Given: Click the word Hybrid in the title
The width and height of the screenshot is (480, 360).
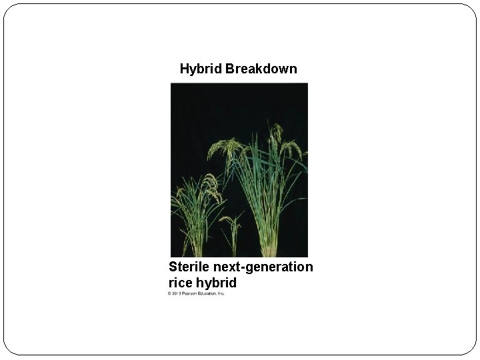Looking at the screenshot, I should tap(201, 69).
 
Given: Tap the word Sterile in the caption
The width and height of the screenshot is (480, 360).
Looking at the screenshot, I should tap(190, 267).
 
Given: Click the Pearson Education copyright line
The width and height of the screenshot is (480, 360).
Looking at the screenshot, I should tap(197, 293).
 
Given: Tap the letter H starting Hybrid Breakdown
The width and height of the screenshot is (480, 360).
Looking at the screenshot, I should tap(184, 69).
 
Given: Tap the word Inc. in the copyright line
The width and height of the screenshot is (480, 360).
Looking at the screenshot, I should tap(221, 293).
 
